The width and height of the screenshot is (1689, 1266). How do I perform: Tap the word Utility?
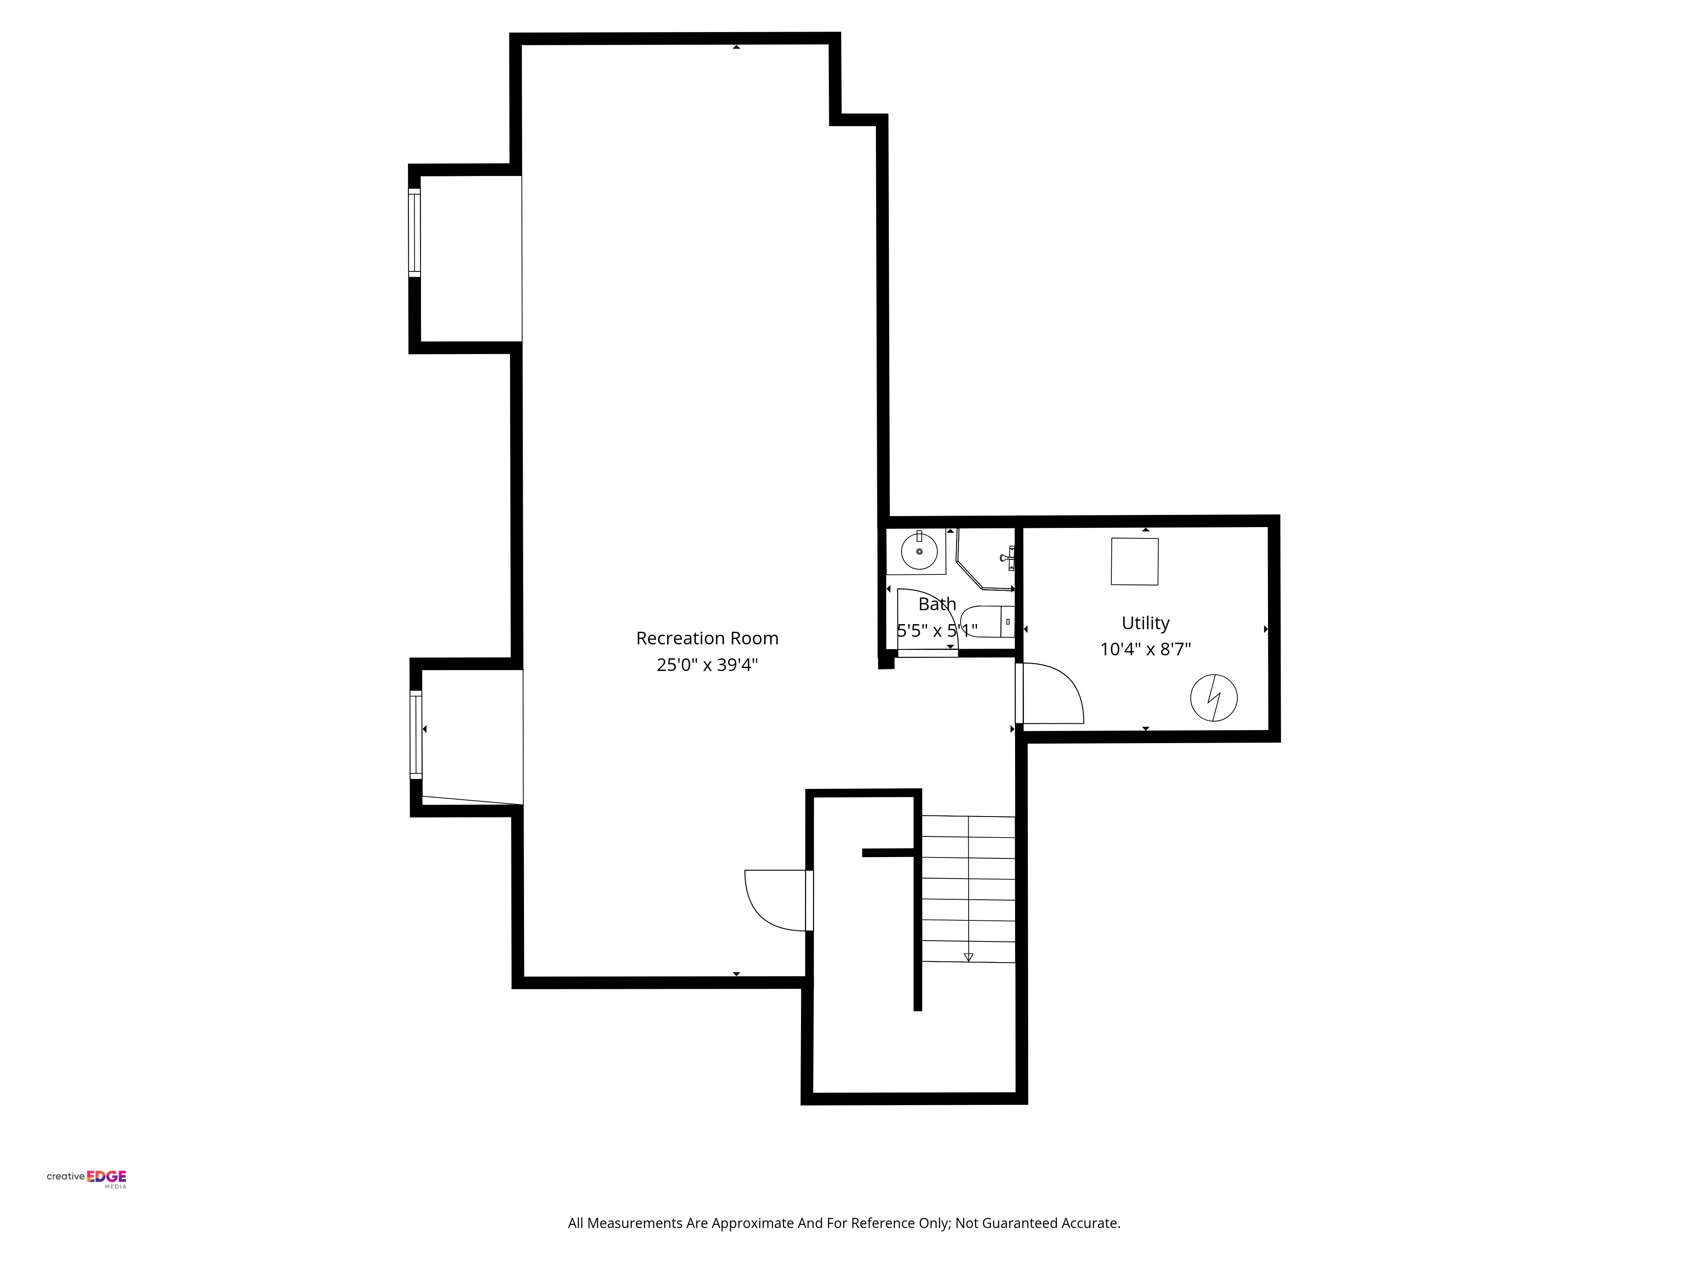coord(1145,623)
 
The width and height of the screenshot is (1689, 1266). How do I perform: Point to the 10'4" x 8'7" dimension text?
coord(1145,649)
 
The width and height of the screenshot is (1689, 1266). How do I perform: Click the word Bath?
coord(937,603)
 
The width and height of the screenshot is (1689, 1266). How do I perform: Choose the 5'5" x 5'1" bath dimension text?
coord(937,630)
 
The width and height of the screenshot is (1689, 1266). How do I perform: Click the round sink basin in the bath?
coord(919,551)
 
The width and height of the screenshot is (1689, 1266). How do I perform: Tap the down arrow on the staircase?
coord(968,956)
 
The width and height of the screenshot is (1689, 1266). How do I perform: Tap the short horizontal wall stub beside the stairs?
coord(887,852)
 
